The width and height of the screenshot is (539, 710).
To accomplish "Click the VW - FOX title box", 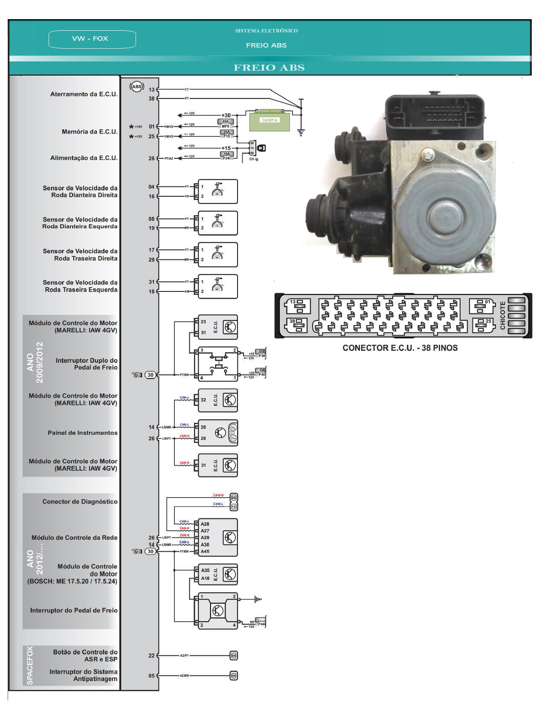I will click(92, 39).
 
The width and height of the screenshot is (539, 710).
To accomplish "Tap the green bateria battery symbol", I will click(269, 120).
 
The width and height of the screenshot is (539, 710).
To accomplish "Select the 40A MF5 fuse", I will click(226, 124).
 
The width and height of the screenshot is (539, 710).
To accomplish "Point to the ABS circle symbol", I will click(137, 87).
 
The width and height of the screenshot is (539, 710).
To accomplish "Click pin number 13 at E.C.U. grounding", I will click(152, 90).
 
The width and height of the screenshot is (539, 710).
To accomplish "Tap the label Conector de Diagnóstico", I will click(80, 501).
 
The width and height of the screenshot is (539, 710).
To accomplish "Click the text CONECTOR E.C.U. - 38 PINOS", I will click(400, 348).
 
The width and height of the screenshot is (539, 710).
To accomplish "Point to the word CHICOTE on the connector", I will click(502, 315).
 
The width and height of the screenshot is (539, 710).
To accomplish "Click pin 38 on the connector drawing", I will click(298, 325).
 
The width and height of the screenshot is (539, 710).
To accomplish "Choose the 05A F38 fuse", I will click(261, 353).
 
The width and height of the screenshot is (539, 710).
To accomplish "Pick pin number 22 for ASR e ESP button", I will click(151, 655).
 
